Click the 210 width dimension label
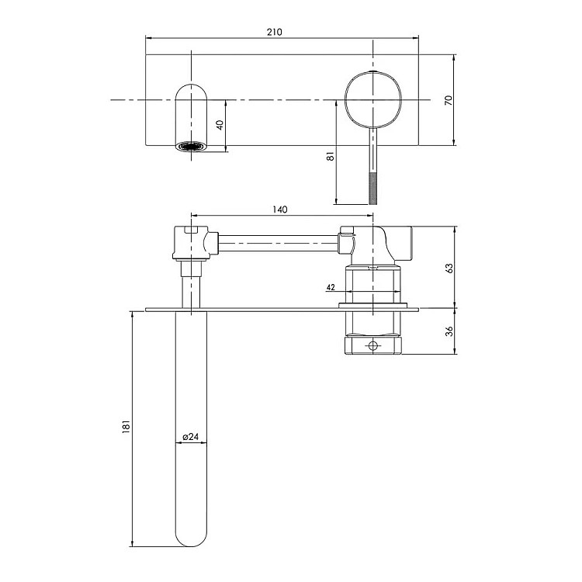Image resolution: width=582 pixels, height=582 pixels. tap(274, 32)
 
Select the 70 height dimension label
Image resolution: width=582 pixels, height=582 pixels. tap(449, 100)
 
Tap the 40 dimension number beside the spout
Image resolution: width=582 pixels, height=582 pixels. tap(220, 125)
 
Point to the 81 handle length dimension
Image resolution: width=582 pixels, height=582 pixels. tap(331, 156)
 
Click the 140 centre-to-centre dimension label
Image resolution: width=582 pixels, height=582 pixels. tap(280, 210)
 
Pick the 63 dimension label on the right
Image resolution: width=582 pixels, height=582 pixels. tap(449, 268)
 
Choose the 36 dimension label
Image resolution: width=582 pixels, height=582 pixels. tap(449, 331)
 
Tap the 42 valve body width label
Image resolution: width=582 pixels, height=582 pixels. tap(331, 287)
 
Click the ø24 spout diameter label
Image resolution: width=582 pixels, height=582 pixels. tap(191, 437)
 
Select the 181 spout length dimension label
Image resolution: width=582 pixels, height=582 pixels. tap(126, 427)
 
